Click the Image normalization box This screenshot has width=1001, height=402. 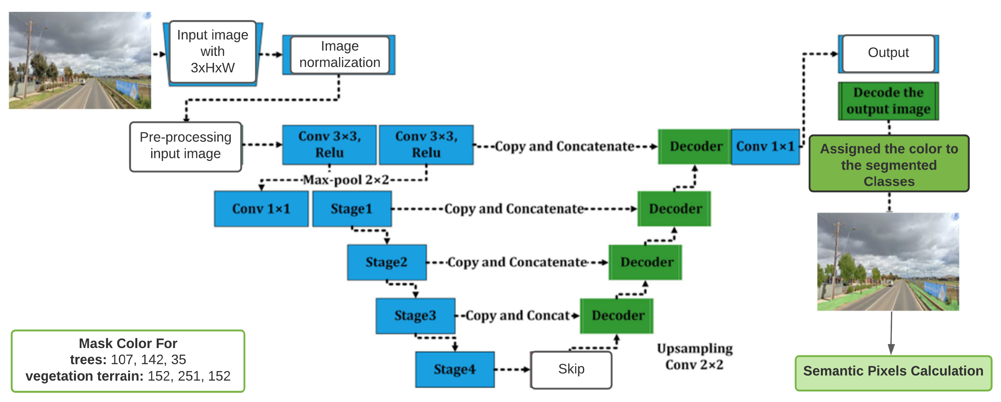pos(339,54)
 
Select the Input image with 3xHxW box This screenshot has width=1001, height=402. pos(213,52)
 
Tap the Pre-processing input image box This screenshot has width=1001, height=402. pos(185,146)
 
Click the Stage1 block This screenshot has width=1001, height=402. pos(352,209)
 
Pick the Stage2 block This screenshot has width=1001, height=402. pos(387,262)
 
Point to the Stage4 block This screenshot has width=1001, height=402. pos(455,369)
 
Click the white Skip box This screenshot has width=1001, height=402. pos(571,369)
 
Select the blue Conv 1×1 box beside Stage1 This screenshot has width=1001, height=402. pos(261,209)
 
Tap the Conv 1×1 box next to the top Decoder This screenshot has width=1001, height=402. pos(765,146)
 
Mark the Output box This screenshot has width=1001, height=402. pos(888,53)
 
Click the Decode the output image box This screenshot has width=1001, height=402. pos(888,101)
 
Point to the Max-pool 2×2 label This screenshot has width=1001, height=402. pos(345,180)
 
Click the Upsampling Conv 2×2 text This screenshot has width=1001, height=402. pos(694,357)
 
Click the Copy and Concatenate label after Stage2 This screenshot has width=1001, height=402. pos(517,263)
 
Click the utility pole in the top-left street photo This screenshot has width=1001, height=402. pos(28,58)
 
